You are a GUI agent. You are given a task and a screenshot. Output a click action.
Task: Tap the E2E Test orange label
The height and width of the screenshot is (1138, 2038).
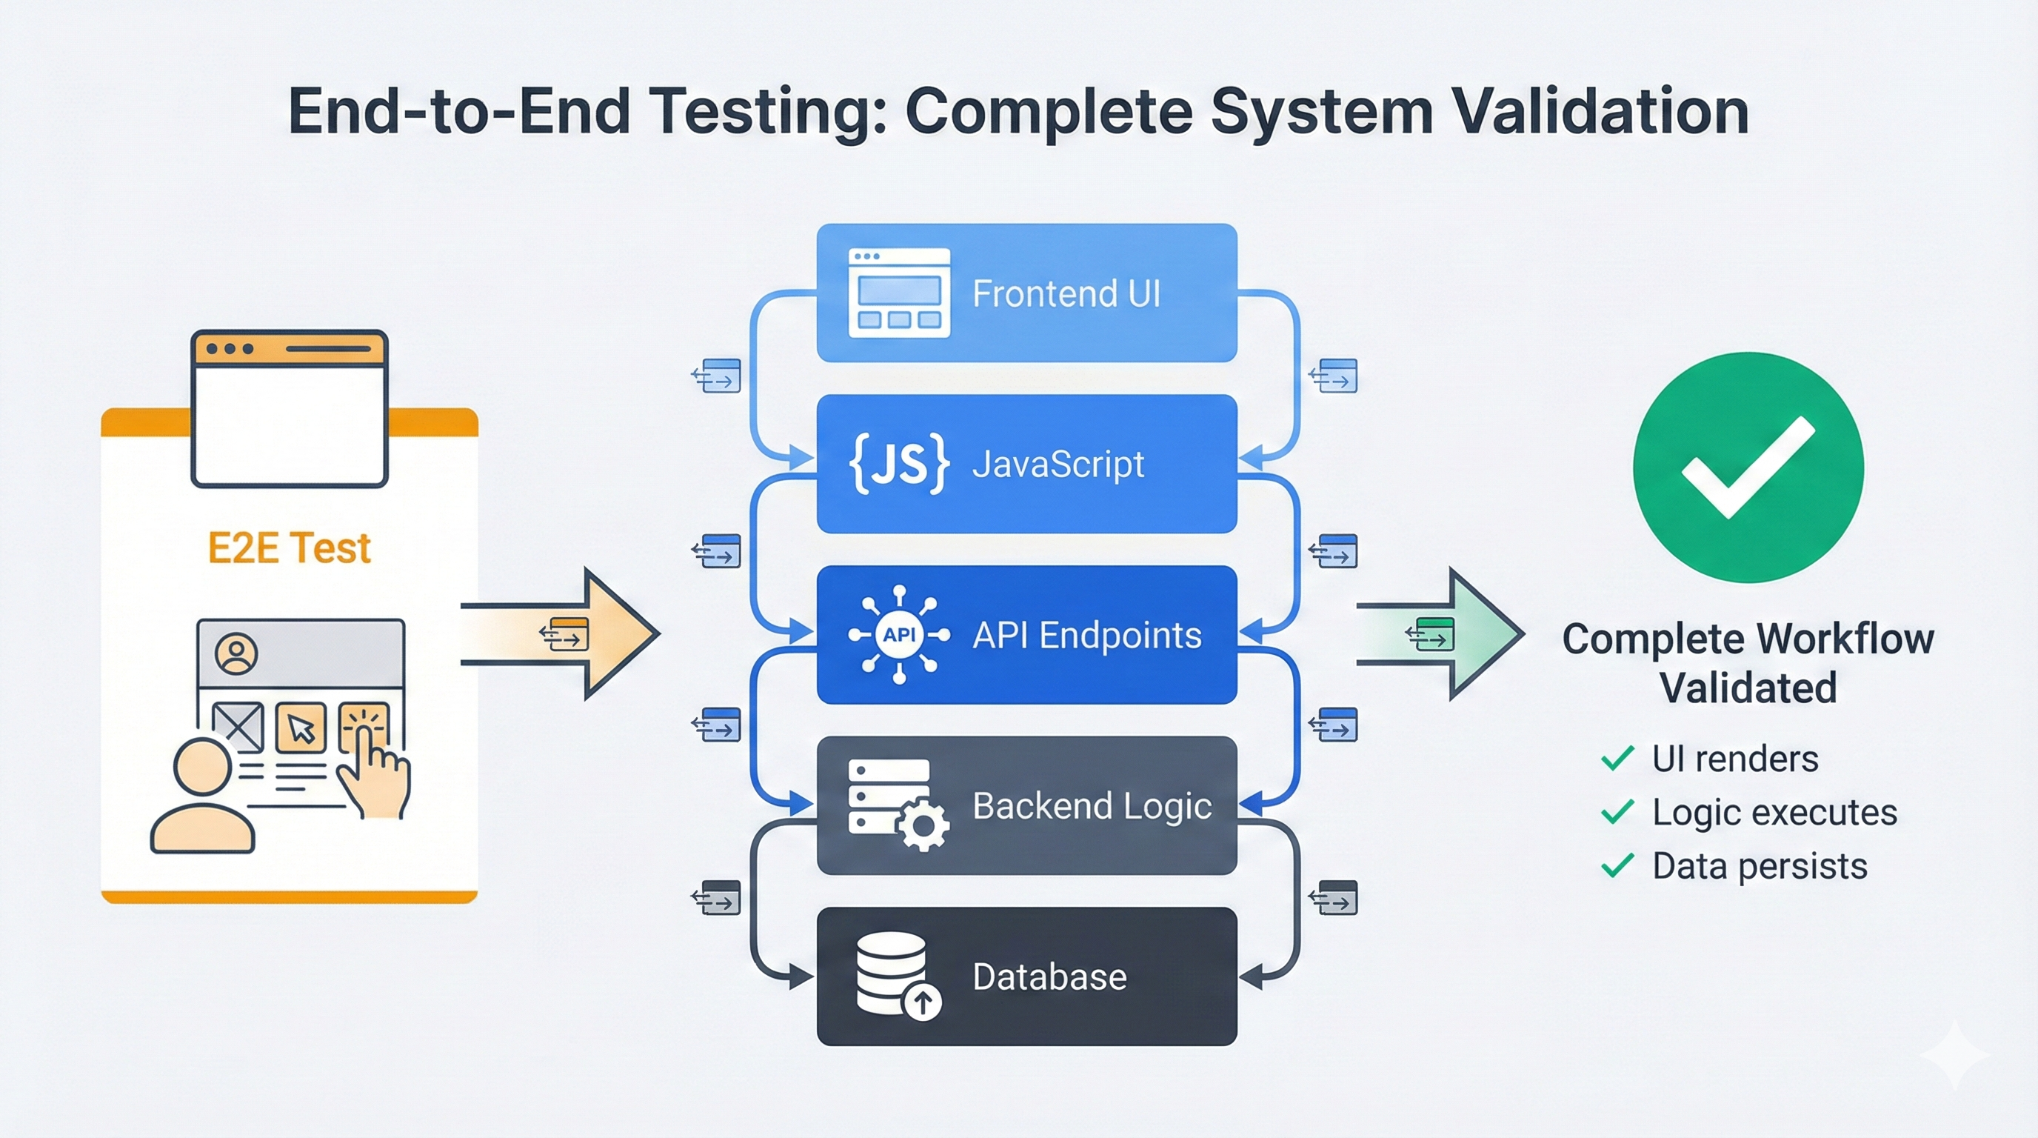[x=289, y=548]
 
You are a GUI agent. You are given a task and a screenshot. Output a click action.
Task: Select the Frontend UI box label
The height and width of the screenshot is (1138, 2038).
[x=1066, y=293]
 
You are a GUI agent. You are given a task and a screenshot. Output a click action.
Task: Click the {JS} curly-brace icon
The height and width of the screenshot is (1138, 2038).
[x=898, y=464]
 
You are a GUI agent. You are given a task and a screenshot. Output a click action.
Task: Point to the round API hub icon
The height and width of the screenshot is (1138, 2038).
[x=899, y=635]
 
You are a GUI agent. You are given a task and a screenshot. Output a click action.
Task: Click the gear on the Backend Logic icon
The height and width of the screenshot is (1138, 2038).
[x=923, y=825]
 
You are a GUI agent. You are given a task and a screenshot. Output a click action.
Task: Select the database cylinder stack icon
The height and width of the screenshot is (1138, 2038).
[x=892, y=973]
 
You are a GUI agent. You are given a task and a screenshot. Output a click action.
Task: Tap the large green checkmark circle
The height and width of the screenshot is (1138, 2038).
[x=1748, y=467]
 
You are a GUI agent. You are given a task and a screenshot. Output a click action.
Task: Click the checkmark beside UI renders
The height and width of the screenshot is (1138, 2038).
[x=1617, y=758]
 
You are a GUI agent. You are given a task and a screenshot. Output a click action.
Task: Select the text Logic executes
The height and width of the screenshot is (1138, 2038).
[x=1774, y=812]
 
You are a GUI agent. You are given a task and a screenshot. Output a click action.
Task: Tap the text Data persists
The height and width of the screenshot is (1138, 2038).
[x=1759, y=866]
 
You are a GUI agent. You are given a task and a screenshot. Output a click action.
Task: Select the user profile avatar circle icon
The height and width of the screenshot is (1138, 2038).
[x=235, y=653]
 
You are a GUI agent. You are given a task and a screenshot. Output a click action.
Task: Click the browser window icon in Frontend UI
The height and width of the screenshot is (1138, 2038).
[x=899, y=293]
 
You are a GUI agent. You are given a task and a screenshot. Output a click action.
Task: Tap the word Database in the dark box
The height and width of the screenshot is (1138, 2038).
[x=1049, y=976]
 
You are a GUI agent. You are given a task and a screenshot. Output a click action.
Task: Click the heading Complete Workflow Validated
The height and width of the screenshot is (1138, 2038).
[x=1748, y=662]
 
